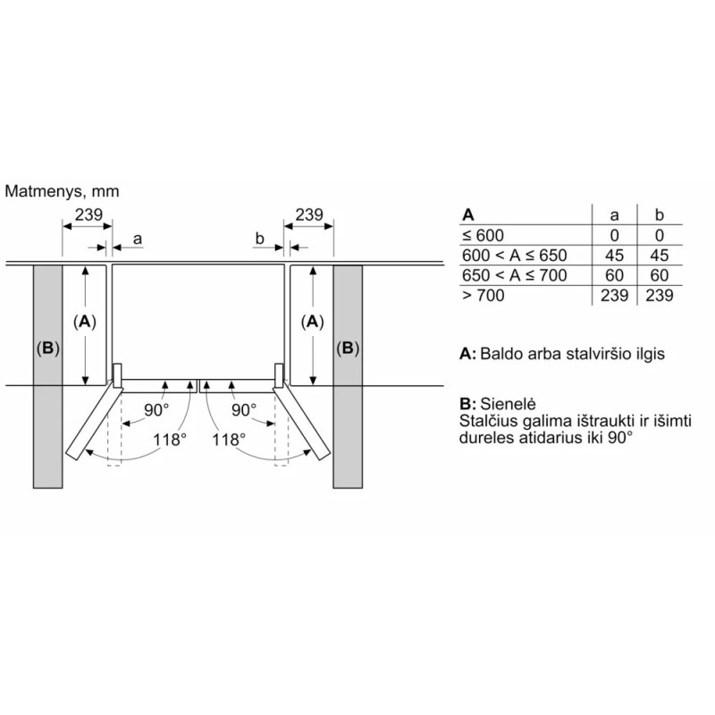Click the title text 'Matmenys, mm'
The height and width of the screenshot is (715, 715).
click(62, 191)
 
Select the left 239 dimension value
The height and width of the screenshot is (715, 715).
click(88, 214)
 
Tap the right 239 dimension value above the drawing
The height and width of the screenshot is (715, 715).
click(309, 214)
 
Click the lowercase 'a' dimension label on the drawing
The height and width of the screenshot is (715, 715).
click(138, 239)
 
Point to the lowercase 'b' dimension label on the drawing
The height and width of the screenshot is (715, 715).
click(259, 238)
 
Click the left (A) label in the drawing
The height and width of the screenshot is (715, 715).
click(85, 322)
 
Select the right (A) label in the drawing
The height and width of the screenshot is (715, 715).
click(312, 322)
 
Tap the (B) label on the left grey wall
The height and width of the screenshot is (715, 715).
click(48, 349)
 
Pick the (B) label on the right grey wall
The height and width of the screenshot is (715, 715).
click(348, 349)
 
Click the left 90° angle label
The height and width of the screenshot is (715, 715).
click(156, 410)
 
